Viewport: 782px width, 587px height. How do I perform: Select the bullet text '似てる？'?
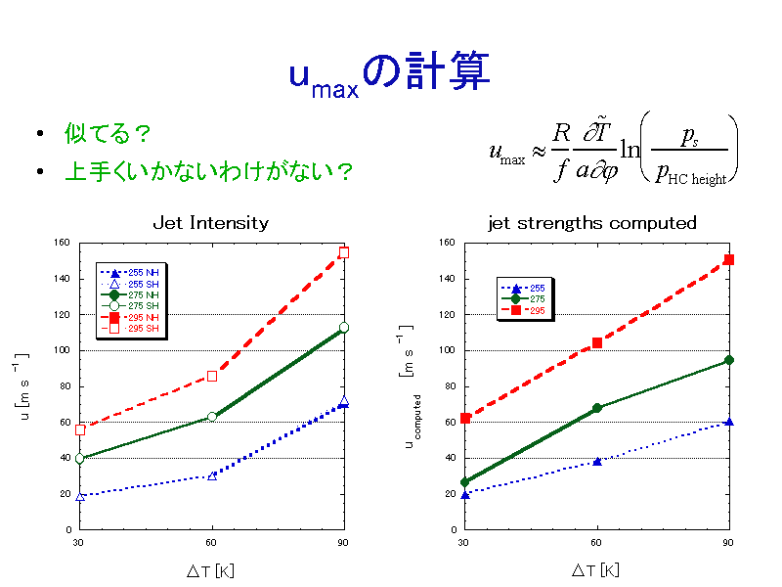109,132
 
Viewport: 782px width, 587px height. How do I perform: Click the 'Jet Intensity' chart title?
210,223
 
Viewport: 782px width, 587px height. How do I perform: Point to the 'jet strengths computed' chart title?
592,223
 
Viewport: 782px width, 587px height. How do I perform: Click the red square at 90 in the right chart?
728,259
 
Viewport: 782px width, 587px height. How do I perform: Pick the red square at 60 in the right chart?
596,342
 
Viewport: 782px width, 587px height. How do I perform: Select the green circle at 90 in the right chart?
728,360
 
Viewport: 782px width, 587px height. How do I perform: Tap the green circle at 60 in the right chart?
596,408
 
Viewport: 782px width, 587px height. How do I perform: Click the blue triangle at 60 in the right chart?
596,461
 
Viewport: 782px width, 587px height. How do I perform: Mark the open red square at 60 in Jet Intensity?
211,376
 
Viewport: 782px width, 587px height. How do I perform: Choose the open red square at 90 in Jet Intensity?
343,252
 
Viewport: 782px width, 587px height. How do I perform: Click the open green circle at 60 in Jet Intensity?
211,417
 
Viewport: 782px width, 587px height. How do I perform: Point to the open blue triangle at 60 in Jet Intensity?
211,475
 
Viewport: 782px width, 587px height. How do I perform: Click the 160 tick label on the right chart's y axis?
445,243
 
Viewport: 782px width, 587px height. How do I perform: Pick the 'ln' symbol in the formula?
630,153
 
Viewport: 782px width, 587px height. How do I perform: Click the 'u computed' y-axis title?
413,421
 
